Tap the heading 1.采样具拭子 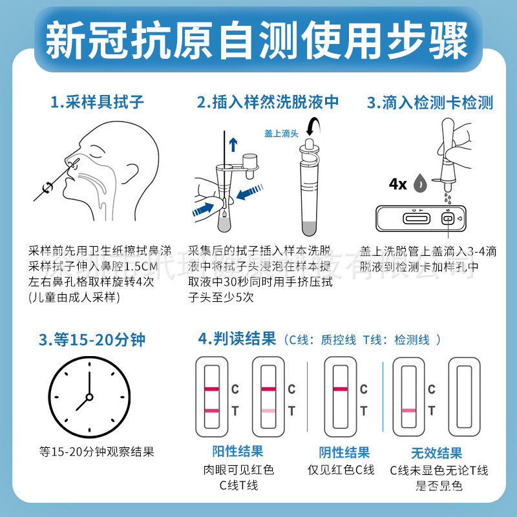click(x=96, y=101)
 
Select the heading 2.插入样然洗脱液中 click(x=268, y=101)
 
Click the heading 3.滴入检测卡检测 click(x=430, y=101)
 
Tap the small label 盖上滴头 click(x=281, y=133)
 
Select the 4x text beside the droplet click(x=397, y=184)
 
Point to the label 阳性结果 click(x=237, y=451)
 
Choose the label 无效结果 click(x=436, y=452)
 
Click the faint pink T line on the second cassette click(x=268, y=410)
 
